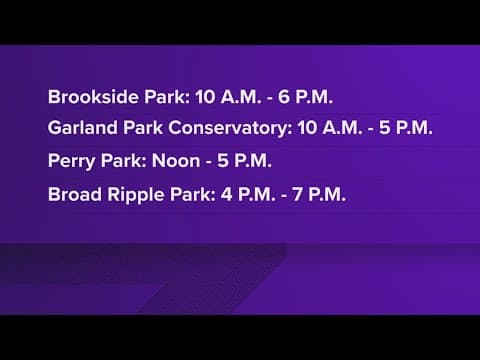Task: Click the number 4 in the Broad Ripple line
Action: (227, 193)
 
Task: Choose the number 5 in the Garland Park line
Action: (392, 129)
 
